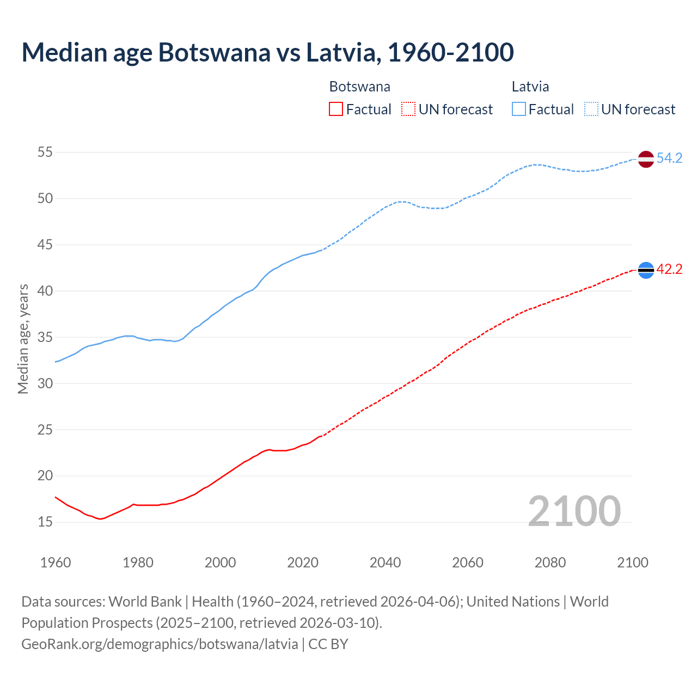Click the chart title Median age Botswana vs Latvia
(x=267, y=52)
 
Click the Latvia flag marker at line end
(x=645, y=159)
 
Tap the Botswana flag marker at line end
(x=645, y=270)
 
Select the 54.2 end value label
(x=669, y=158)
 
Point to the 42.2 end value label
(x=669, y=270)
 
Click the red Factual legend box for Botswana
(x=336, y=109)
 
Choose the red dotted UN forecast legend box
(x=408, y=109)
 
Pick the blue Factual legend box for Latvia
(x=519, y=109)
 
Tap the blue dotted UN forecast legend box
(x=591, y=109)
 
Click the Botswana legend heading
(x=359, y=87)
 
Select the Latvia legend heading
(x=530, y=87)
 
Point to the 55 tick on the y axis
(x=45, y=152)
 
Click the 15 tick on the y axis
(x=45, y=522)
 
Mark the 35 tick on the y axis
(x=45, y=338)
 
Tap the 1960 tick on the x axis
(x=56, y=563)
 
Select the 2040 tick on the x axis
(x=385, y=563)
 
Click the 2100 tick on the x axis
(x=632, y=563)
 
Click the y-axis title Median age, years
(x=23, y=339)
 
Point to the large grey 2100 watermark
(x=574, y=511)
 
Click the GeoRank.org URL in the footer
(x=160, y=644)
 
